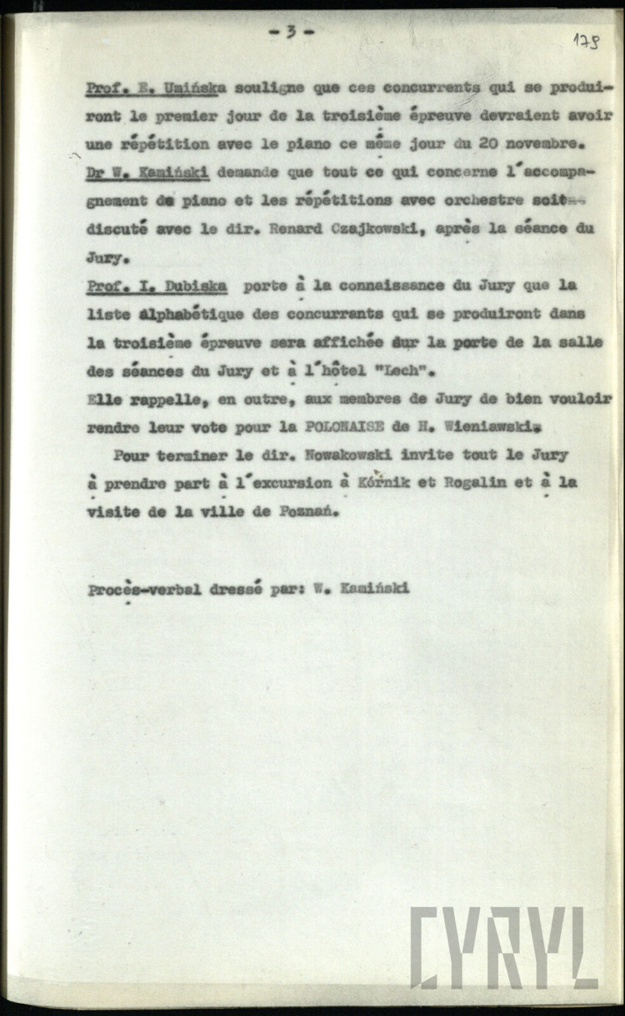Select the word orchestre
(x=484, y=200)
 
